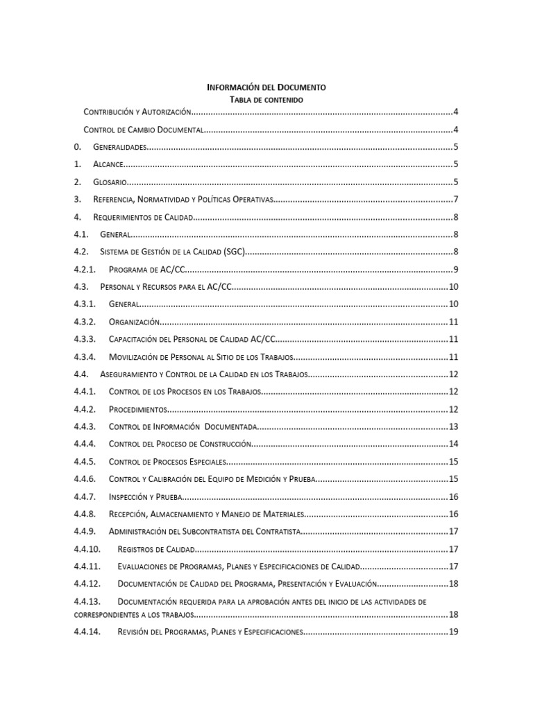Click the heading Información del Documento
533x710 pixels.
tap(266, 87)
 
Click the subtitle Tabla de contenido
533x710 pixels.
tap(266, 101)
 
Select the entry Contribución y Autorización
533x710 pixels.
tap(137, 112)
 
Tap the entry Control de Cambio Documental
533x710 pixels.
tap(143, 130)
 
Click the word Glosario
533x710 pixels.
tap(110, 182)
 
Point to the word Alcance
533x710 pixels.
tap(108, 165)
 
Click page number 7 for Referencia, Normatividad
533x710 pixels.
tap(455, 200)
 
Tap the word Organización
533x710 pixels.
tap(134, 322)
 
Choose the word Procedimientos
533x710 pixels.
tap(137, 409)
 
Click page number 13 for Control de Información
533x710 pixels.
tap(453, 427)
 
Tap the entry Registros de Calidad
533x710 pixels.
tap(156, 549)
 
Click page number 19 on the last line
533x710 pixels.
tap(453, 632)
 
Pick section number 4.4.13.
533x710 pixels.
tap(87, 601)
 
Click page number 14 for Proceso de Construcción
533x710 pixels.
tap(453, 444)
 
